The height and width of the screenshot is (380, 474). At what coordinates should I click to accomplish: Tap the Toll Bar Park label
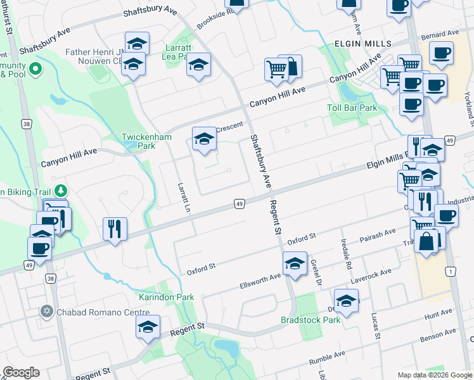tap(352, 108)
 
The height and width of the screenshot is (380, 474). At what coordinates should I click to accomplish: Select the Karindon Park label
tap(167, 296)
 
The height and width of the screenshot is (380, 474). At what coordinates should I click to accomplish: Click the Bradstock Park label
tap(311, 319)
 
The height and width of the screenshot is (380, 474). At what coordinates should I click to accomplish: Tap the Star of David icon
tap(46, 312)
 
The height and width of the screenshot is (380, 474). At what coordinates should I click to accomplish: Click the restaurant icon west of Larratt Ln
tap(114, 229)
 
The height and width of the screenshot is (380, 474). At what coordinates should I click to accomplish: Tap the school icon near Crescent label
tap(205, 139)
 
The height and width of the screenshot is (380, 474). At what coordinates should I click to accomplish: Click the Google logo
tap(20, 372)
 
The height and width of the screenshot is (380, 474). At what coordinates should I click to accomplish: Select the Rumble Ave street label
tap(327, 358)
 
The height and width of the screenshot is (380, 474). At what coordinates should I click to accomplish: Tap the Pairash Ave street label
tap(378, 236)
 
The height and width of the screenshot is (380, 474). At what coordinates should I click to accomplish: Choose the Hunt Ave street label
tap(439, 312)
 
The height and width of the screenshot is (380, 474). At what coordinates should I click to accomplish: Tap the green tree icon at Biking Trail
tap(61, 190)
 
